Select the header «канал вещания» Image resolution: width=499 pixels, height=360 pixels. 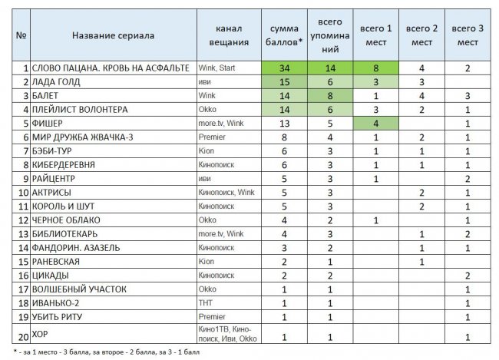click(x=229, y=35)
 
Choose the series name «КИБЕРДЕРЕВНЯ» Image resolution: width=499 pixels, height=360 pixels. click(x=68, y=164)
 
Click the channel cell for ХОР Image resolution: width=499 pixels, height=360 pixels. click(x=228, y=332)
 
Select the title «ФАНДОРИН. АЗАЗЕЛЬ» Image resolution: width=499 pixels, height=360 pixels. click(x=78, y=248)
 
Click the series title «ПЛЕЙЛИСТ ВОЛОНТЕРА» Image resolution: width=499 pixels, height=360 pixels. click(x=81, y=109)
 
